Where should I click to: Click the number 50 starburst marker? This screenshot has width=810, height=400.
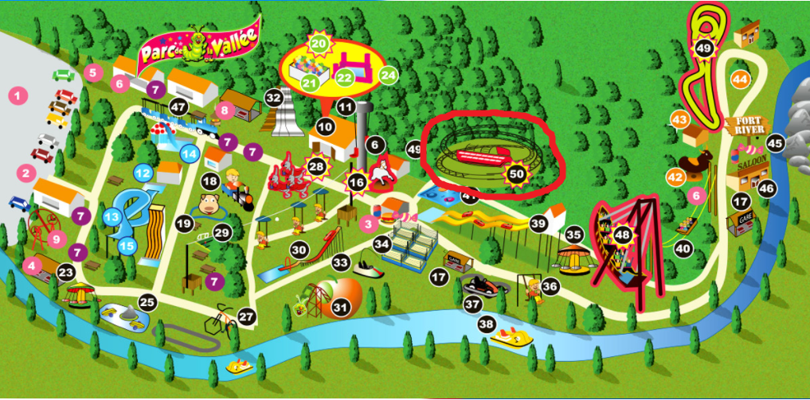click(x=517, y=172)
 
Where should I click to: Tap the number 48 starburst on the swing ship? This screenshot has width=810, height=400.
click(x=622, y=235)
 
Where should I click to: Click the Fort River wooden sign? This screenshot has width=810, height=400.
click(x=746, y=126)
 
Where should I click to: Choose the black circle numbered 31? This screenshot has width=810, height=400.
click(x=341, y=307)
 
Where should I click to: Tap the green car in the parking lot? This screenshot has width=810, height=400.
click(x=64, y=76)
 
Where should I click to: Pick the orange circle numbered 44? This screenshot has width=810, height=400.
click(x=741, y=79)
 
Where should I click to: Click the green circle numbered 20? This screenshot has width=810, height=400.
click(x=319, y=44)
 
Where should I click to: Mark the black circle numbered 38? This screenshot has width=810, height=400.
click(x=486, y=324)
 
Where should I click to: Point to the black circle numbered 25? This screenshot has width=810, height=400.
click(x=147, y=301)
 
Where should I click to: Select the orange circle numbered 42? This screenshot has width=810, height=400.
click(x=675, y=177)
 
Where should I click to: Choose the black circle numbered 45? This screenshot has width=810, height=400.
click(x=774, y=144)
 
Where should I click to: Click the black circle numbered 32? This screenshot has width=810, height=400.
click(x=274, y=98)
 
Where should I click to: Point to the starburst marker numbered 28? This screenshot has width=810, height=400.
click(x=317, y=166)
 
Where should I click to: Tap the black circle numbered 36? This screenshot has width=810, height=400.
click(x=550, y=285)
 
